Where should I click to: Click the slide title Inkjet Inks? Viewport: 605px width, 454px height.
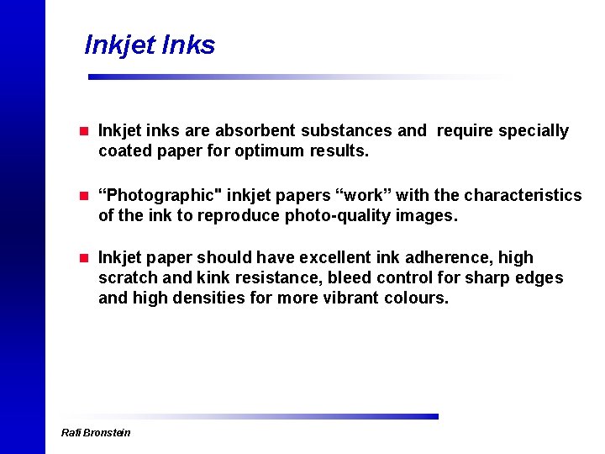[x=150, y=45]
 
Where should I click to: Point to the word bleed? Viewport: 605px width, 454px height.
[x=349, y=278]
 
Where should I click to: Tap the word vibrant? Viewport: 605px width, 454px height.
[x=351, y=298]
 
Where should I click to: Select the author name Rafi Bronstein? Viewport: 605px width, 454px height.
[x=97, y=433]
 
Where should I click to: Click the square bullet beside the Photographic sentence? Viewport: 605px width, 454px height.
[x=83, y=196]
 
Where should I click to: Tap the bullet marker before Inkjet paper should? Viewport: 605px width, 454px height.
[x=83, y=258]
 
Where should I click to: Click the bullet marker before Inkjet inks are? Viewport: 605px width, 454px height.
[x=83, y=131]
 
